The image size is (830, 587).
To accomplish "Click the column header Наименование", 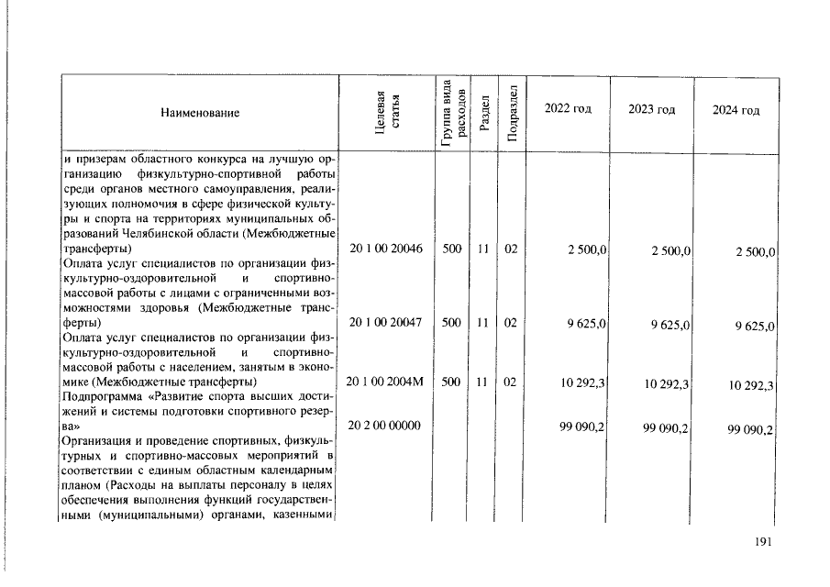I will [x=200, y=113].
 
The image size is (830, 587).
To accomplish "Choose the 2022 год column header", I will [x=568, y=109].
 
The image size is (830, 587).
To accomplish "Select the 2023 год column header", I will [x=651, y=109].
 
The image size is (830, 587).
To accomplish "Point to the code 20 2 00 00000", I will [x=384, y=426].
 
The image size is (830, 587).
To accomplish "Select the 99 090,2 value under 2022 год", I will [x=583, y=427].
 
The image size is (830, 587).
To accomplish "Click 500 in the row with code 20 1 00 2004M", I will [x=450, y=382].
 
